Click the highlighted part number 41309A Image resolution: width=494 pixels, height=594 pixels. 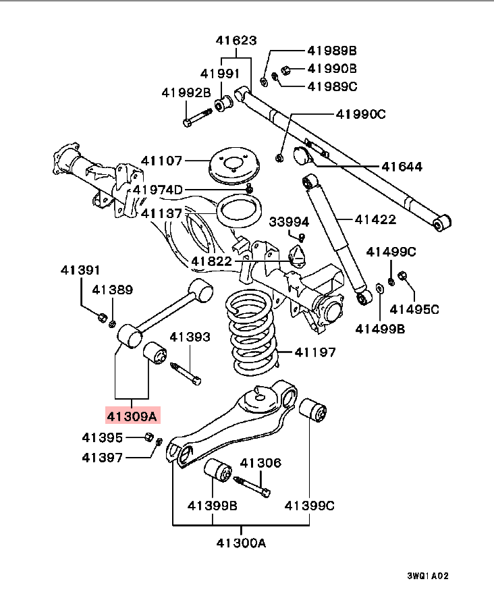(131, 416)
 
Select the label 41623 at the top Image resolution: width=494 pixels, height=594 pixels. (236, 40)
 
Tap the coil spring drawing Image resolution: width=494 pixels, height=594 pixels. (250, 332)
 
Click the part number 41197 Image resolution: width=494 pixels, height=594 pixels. (314, 352)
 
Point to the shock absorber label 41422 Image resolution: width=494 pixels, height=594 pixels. (375, 219)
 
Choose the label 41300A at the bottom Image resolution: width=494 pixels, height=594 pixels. (241, 542)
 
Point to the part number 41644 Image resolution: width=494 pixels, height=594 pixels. (402, 166)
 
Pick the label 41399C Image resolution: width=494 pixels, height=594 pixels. (310, 505)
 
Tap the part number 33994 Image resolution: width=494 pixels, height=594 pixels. (289, 221)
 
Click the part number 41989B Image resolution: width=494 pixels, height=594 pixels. (331, 51)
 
